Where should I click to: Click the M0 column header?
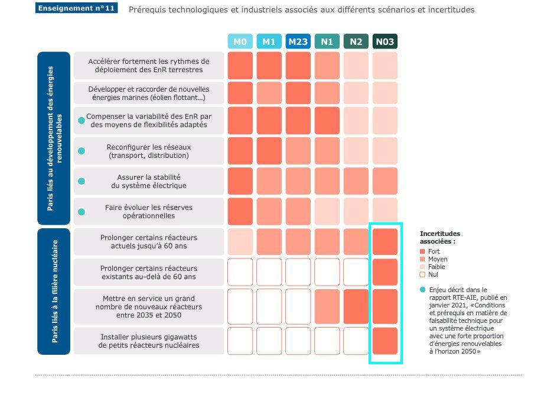tap(240, 42)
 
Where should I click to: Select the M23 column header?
tap(298, 42)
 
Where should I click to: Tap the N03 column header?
tap(385, 42)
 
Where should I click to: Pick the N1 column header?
tap(327, 42)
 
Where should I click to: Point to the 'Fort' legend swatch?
tap(422, 251)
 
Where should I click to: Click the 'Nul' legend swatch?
tap(422, 274)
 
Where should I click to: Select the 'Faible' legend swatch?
tap(422, 267)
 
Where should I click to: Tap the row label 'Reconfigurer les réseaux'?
tap(149, 151)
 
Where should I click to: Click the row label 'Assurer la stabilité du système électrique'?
tap(149, 182)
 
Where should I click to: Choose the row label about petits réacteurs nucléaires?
tap(149, 341)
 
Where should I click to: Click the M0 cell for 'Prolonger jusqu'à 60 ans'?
tap(240, 242)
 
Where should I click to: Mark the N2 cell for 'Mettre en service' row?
tap(356, 307)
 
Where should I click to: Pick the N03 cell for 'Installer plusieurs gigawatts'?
tap(385, 341)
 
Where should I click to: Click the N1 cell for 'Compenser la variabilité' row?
tap(327, 121)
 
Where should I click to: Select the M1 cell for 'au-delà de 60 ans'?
tap(269, 272)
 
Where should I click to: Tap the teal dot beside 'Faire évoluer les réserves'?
tap(82, 212)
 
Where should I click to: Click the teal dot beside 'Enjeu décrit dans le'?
tap(422, 290)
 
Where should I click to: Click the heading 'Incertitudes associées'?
tap(439, 237)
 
